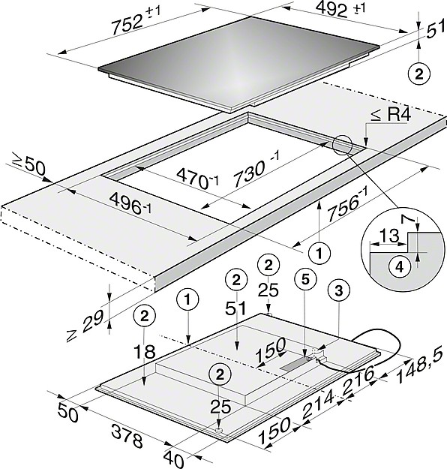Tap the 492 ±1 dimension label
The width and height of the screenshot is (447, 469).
[x=340, y=9]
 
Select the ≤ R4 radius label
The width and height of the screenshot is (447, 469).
[x=391, y=115]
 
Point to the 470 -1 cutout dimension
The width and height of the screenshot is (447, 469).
[x=197, y=179]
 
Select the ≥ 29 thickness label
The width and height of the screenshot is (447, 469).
[x=85, y=326]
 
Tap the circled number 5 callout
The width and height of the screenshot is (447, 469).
[x=305, y=279]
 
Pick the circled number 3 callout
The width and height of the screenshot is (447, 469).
[x=338, y=290]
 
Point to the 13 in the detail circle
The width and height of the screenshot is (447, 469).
[x=390, y=236]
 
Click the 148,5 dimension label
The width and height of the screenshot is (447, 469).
[x=419, y=367]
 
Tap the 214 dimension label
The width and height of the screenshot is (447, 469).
[x=318, y=405]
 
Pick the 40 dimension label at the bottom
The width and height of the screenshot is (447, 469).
[x=173, y=458]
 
